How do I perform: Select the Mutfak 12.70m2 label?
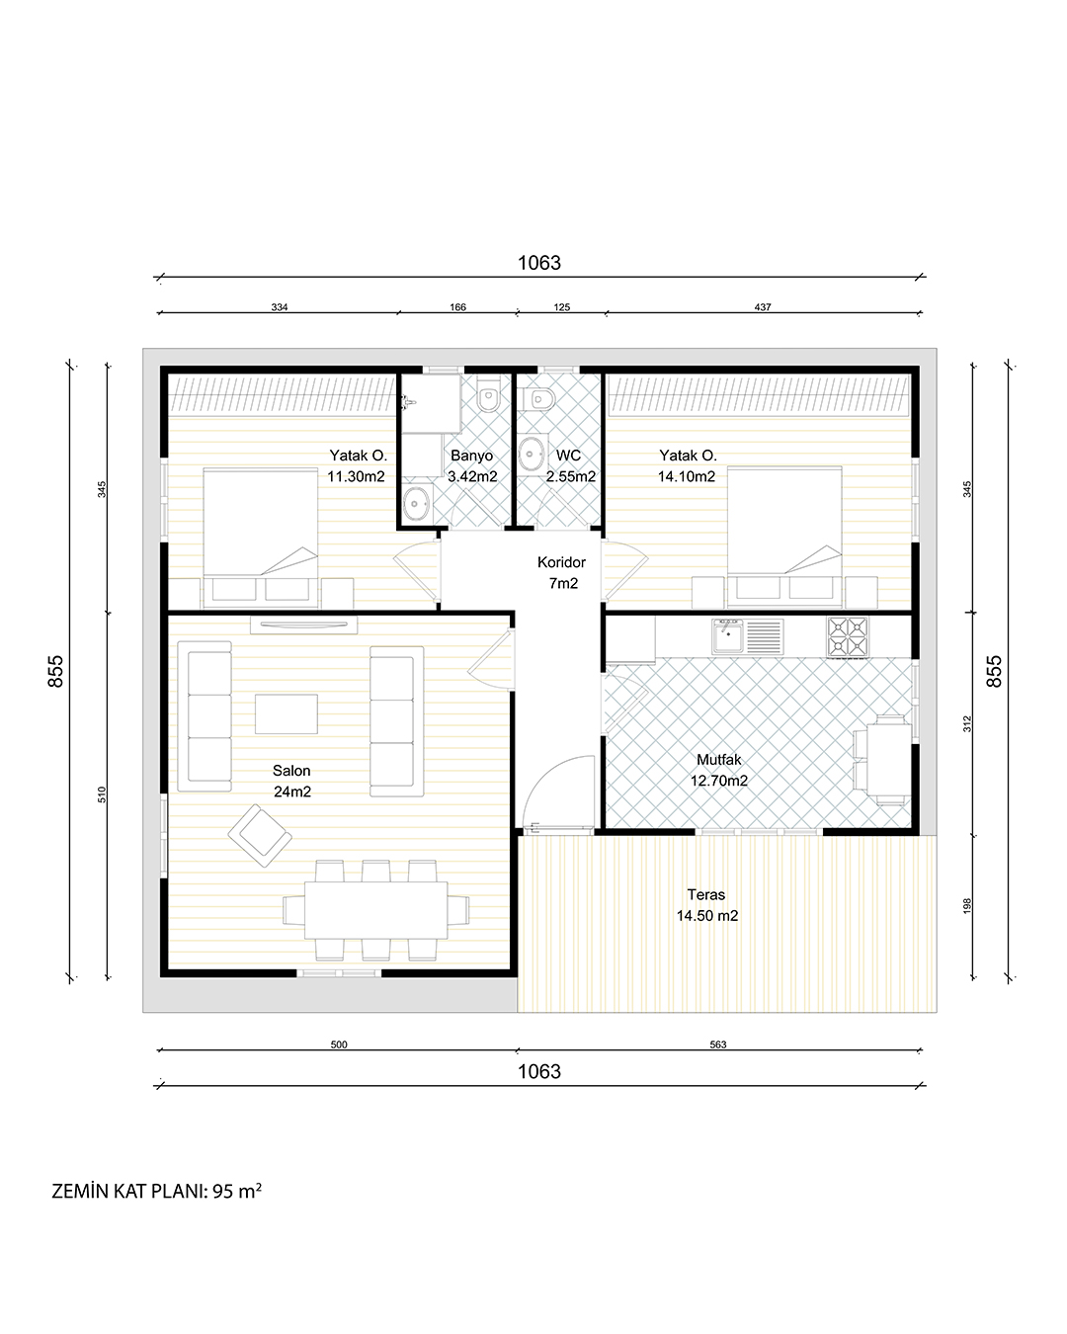point(718,770)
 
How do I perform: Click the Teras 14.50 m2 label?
point(706,905)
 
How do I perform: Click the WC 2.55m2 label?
point(570,465)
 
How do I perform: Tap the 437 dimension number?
point(763,307)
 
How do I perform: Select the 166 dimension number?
point(457,307)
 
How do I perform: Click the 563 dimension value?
point(718,1044)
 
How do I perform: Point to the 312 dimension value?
point(967,723)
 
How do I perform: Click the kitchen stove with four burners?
point(848,636)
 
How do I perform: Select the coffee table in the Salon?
point(286,713)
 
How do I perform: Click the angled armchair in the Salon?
point(260,835)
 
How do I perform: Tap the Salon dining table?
point(375,910)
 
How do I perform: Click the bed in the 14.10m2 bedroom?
point(784,537)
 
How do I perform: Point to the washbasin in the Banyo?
point(416,503)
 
